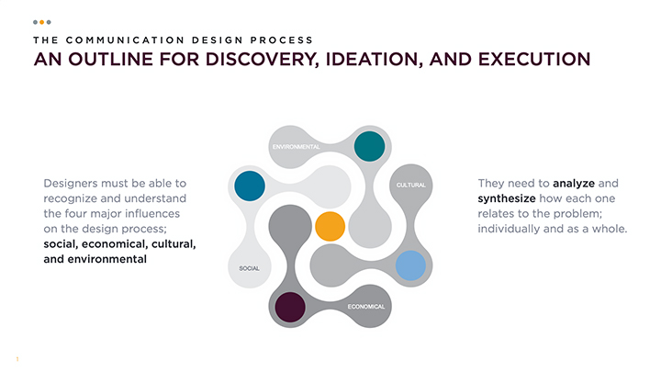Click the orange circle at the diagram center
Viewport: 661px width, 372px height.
click(330, 227)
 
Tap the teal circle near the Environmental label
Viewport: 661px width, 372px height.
click(369, 146)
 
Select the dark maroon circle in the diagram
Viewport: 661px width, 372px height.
click(290, 307)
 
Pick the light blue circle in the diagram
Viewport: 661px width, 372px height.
click(410, 265)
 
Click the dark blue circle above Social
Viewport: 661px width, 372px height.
click(250, 186)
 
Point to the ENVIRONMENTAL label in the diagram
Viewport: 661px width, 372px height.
click(296, 147)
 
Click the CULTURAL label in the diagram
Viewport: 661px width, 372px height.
click(411, 186)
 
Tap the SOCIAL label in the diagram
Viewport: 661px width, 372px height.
click(249, 268)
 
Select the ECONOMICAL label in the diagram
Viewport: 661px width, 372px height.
click(366, 307)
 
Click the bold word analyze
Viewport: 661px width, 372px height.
click(574, 184)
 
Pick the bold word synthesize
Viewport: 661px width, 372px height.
click(507, 198)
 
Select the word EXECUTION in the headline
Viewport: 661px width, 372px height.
click(534, 59)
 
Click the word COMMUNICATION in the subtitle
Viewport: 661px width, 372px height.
click(125, 40)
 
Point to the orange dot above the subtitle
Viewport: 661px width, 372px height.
click(41, 22)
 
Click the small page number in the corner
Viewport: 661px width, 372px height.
click(17, 359)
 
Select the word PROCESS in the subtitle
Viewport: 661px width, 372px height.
click(282, 40)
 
